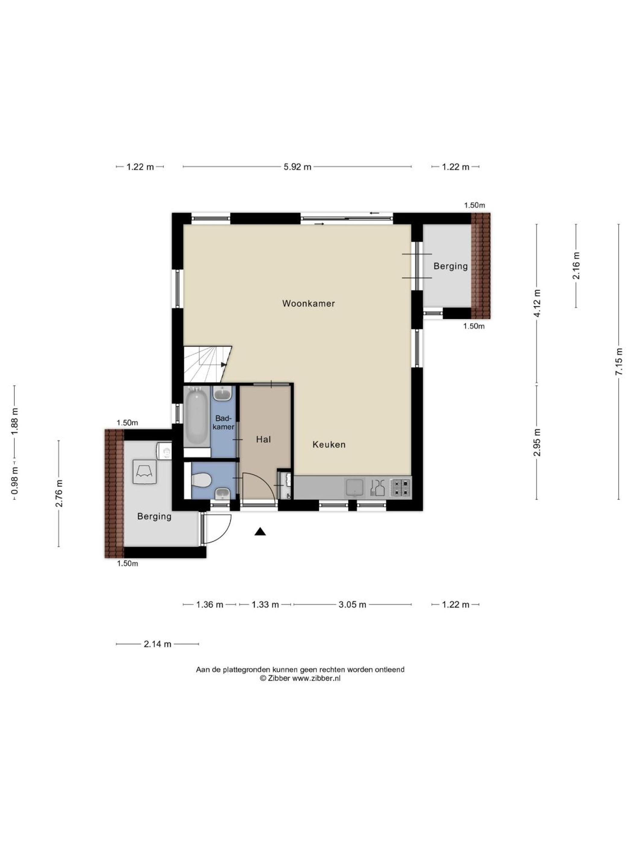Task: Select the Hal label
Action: (263, 439)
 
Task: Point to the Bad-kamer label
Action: (223, 422)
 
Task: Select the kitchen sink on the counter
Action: (355, 488)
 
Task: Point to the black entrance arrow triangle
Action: (260, 531)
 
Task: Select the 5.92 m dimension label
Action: (297, 167)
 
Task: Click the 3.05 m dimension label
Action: (352, 604)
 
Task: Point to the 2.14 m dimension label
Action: (157, 644)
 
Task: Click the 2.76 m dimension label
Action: (59, 493)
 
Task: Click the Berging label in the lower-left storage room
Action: (154, 516)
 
